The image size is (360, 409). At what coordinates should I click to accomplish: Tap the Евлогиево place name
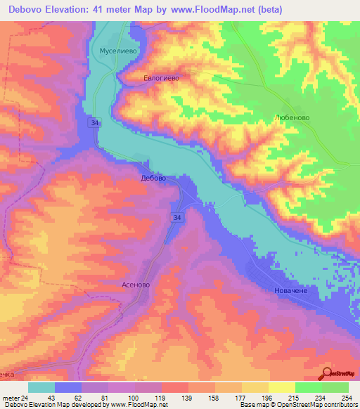click(x=161, y=79)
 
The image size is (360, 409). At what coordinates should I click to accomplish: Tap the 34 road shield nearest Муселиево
click(x=94, y=123)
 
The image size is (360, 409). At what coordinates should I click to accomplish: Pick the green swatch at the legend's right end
click(x=335, y=387)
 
